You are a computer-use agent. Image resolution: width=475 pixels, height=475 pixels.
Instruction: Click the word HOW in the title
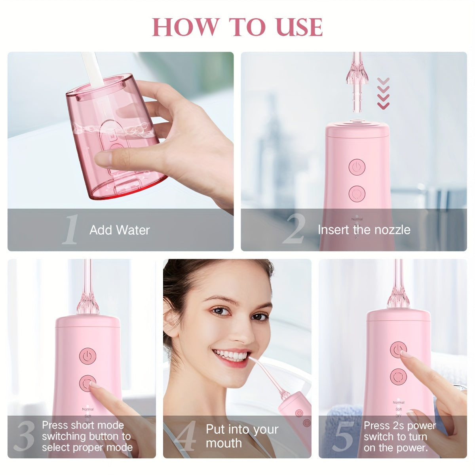(x=186, y=27)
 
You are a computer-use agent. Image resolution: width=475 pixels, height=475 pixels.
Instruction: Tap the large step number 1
(x=71, y=229)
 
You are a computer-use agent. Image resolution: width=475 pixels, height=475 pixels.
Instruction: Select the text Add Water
(x=120, y=230)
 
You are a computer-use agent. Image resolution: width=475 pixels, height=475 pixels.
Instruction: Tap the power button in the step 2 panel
(x=357, y=167)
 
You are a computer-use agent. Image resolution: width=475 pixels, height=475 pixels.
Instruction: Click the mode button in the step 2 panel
(x=357, y=194)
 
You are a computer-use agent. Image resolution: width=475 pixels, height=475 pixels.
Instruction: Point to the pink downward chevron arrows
(x=383, y=93)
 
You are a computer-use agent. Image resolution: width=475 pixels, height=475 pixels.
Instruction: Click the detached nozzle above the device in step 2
(x=357, y=82)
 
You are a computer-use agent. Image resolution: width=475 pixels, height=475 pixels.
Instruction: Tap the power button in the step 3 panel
(x=87, y=356)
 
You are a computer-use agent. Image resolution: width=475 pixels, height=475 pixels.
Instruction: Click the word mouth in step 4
(x=224, y=443)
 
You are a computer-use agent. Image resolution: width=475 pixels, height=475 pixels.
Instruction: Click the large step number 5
(x=343, y=436)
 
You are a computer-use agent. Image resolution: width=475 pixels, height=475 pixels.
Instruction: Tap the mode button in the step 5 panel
(x=398, y=376)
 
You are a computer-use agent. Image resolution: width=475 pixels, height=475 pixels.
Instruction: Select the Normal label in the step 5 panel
(x=399, y=402)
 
